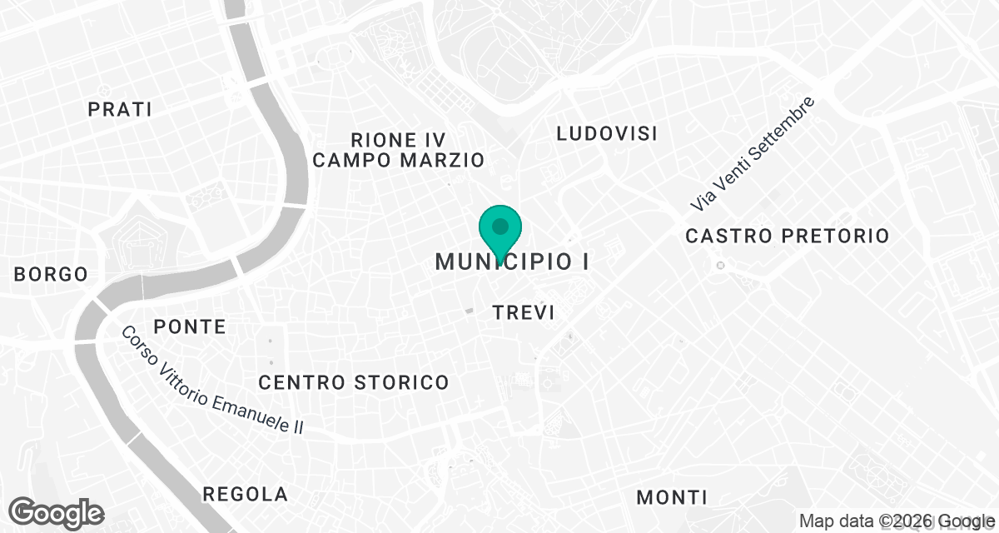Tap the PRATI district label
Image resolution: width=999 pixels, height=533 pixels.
pos(120,109)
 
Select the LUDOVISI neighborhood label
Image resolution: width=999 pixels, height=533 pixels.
pos(607,133)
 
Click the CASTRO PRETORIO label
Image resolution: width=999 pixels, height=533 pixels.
pos(787,237)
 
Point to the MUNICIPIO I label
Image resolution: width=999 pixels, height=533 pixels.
pos(512,262)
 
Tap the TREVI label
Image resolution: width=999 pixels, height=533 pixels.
pos(524,312)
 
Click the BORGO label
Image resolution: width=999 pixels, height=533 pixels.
pos(51,274)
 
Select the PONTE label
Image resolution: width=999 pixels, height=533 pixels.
pos(190,326)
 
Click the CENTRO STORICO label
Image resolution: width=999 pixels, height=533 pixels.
pos(354,383)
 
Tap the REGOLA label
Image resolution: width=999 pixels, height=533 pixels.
pos(246,495)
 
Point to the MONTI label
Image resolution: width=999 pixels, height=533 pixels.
pos(672,498)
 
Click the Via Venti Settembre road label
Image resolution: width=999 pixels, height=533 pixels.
pos(752,155)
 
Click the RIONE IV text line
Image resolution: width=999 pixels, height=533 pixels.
pos(398,139)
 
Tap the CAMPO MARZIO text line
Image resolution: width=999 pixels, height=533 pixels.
pos(398,160)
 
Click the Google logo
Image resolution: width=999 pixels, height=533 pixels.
pos(57,512)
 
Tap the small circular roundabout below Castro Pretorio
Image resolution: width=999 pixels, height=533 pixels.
pos(721,265)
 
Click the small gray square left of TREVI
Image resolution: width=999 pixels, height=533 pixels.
pos(469,311)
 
